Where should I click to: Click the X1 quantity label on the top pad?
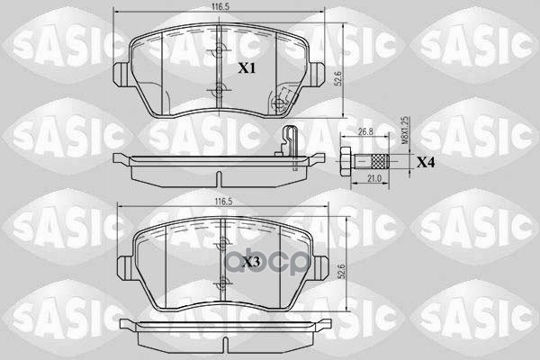click(246, 68)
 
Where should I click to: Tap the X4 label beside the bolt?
click(426, 163)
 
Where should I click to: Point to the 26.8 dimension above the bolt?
click(365, 131)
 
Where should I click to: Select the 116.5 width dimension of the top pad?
click(214, 6)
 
